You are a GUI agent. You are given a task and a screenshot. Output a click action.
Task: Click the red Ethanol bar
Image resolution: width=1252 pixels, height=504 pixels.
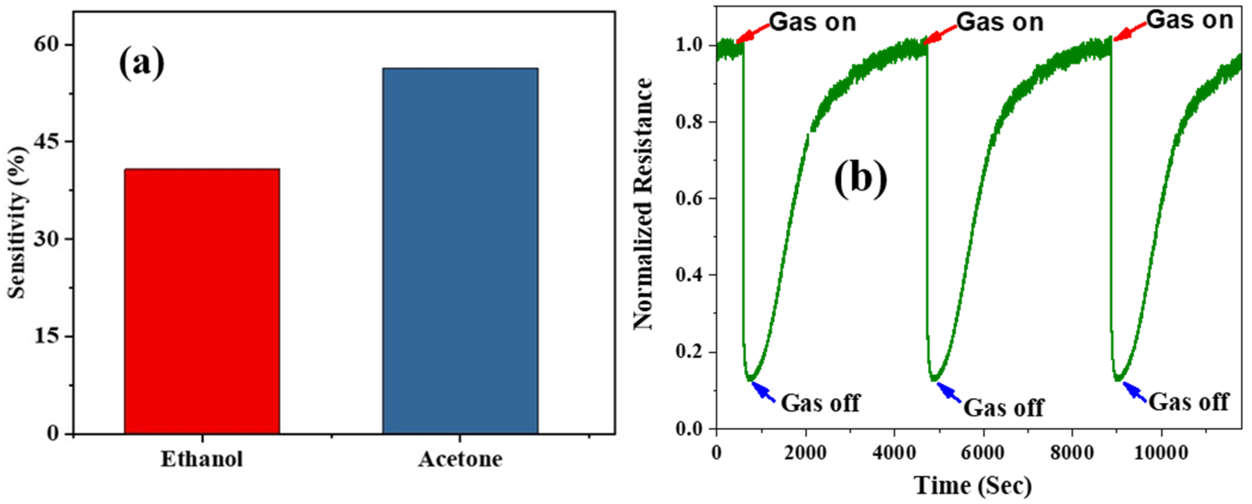pos(202,301)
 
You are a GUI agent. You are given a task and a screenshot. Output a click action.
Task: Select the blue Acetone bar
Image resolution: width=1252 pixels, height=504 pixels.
pos(460,250)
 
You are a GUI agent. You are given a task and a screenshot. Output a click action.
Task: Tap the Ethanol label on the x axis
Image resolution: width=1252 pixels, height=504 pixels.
pos(202,459)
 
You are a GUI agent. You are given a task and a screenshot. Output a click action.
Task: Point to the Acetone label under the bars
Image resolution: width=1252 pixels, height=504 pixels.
pos(460,459)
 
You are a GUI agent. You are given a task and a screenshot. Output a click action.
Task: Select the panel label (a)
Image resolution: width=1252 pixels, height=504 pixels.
pos(141,63)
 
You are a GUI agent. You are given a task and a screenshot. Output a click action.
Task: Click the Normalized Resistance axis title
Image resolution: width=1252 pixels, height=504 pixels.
pos(642,204)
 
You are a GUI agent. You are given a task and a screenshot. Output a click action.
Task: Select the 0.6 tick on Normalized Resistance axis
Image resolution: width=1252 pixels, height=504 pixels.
pos(689,199)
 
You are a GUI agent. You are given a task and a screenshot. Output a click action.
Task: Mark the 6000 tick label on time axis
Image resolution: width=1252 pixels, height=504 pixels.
pos(983,453)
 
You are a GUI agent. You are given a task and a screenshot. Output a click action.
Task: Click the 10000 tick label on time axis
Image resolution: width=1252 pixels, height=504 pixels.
pos(1161,453)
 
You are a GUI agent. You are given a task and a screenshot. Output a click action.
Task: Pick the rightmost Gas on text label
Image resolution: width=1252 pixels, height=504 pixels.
pos(1190,20)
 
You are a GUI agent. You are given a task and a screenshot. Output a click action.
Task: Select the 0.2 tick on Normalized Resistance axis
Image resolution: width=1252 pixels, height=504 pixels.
pos(689,352)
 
